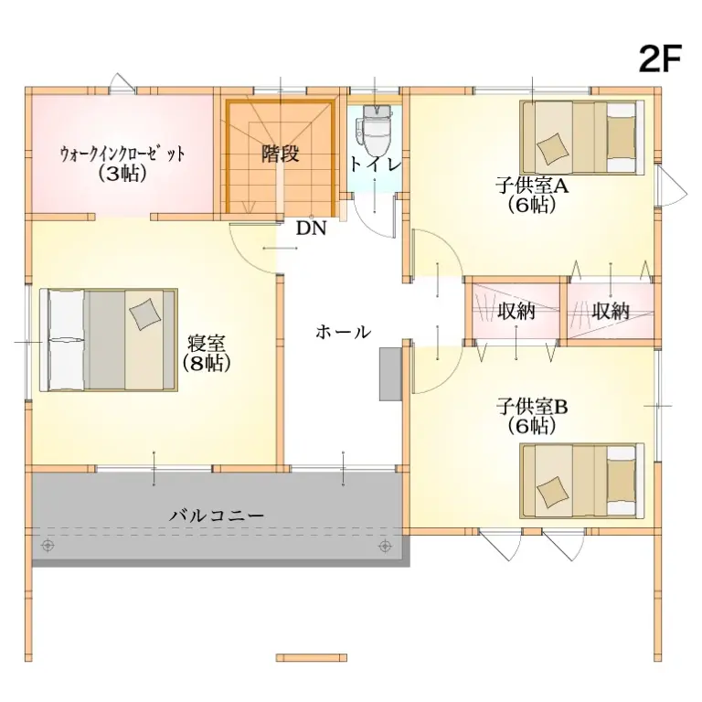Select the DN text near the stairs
pyautogui.click(x=311, y=229)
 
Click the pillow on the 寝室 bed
pyautogui.click(x=144, y=314)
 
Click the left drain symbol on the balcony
pyautogui.click(x=48, y=546)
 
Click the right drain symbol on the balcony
pyautogui.click(x=385, y=546)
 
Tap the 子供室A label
pyautogui.click(x=532, y=186)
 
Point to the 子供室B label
pyautogui.click(x=532, y=405)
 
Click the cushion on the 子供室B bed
pyautogui.click(x=552, y=493)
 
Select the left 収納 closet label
pyautogui.click(x=516, y=311)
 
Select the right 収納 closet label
pyautogui.click(x=610, y=311)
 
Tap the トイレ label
pyautogui.click(x=375, y=165)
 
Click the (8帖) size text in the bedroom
pyautogui.click(x=207, y=362)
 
